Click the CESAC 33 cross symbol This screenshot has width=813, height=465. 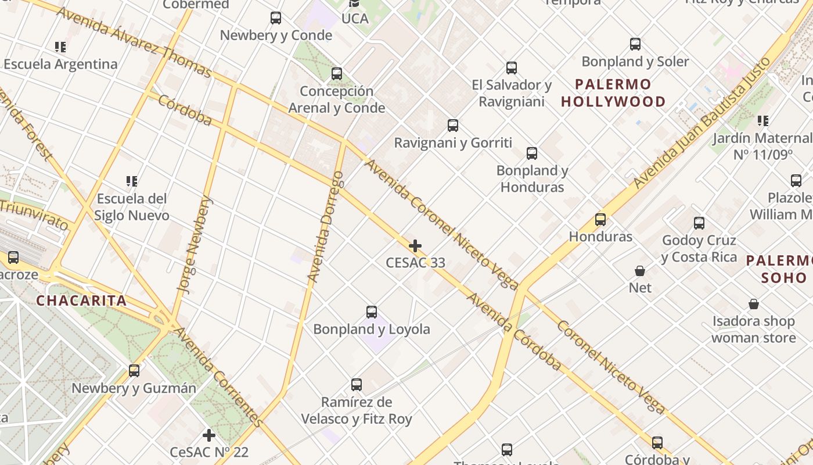coord(415,246)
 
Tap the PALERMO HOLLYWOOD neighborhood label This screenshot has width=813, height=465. coord(614,93)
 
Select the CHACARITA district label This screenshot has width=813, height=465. coord(81,301)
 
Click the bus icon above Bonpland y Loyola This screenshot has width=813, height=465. coord(372,312)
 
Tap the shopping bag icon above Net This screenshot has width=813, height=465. coord(639,271)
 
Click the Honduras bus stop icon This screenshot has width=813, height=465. coord(600,220)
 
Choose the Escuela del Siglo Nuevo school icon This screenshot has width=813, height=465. coord(132,181)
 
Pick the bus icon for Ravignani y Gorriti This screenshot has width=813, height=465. coord(453,126)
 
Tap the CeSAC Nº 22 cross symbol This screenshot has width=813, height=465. coord(209,435)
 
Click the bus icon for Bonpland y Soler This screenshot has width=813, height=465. coord(635,44)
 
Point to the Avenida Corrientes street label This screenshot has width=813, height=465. coord(218,377)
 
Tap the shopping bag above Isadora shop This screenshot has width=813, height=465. coord(754,304)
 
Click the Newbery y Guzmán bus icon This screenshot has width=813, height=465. coord(134,371)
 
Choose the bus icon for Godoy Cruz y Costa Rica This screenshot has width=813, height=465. coord(699,223)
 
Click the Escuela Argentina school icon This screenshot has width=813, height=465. coord(60,46)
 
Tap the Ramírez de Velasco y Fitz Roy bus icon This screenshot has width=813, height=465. coord(357,385)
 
